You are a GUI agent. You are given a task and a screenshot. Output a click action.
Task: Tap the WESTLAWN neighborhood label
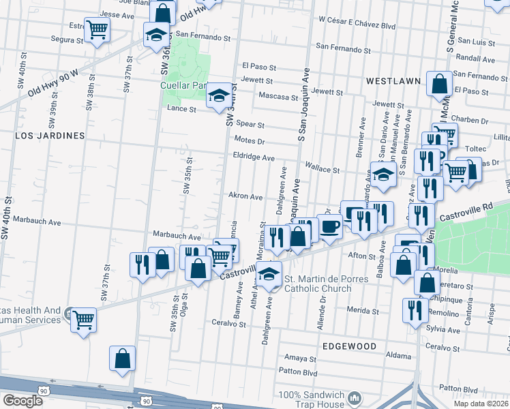pos(393,81)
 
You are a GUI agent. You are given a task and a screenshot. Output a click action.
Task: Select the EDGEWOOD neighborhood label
pos(350,346)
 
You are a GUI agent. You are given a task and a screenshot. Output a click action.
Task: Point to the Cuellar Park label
pos(183,86)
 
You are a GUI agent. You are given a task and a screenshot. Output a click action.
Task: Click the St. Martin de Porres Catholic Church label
pos(318,284)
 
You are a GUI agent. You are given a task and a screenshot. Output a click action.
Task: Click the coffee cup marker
pos(329,226)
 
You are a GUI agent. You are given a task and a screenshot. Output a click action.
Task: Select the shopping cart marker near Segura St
pos(97,29)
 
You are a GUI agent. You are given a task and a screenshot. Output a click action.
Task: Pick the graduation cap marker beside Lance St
pos(218,95)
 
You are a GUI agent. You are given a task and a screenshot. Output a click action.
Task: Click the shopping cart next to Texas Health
pos(84,318)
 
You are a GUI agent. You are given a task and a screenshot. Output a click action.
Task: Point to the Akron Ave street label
pos(245,196)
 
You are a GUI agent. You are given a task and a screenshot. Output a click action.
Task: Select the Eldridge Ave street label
pos(254,157)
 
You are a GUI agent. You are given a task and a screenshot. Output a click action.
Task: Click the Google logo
pos(22,401)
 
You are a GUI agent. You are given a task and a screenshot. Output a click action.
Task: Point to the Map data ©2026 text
pos(481,404)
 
